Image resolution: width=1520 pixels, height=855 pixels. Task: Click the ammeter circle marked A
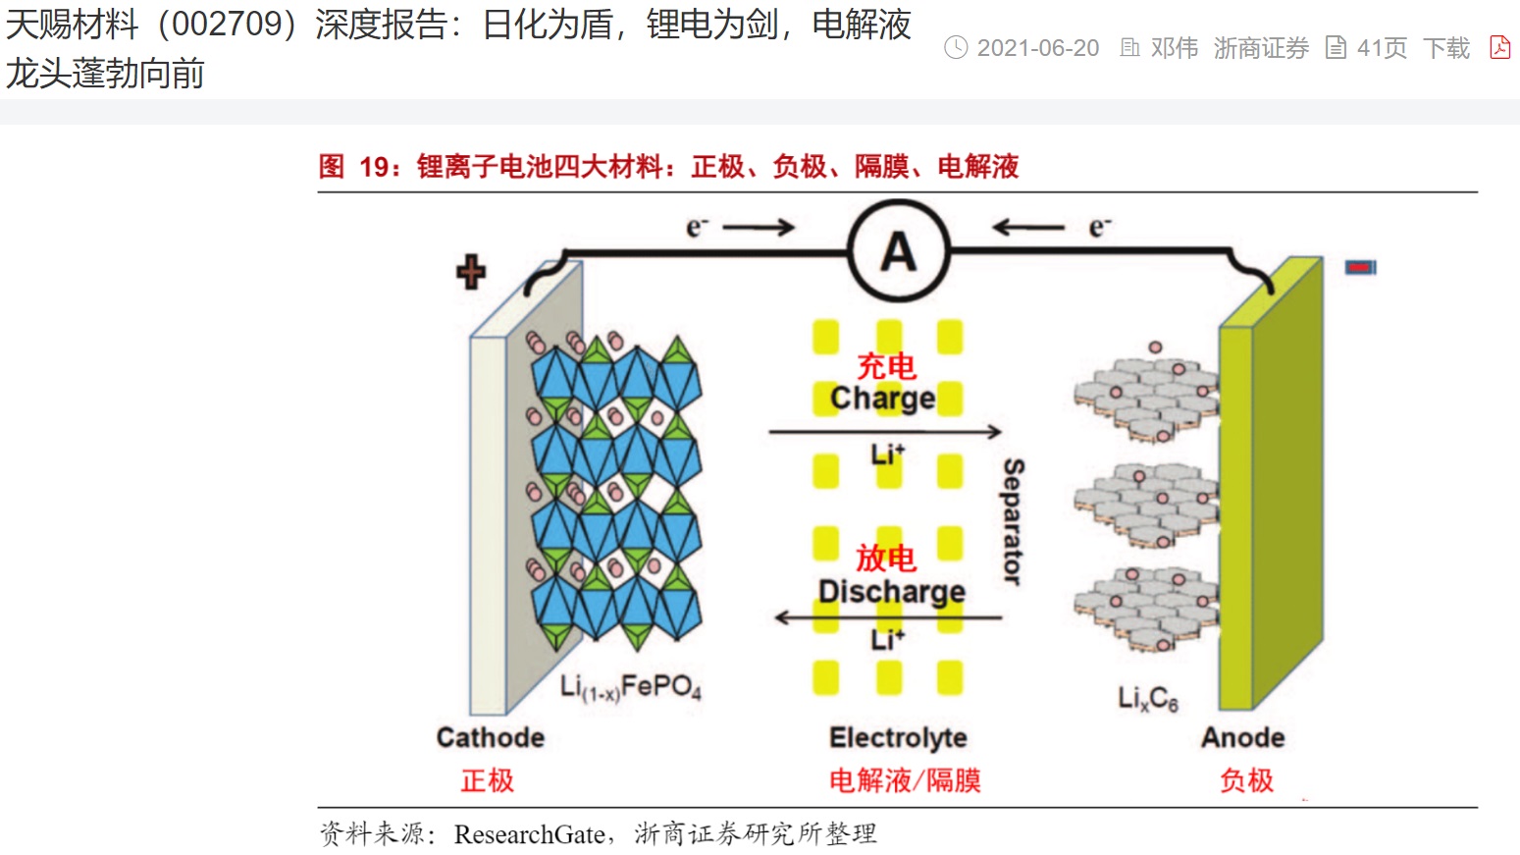pos(898,251)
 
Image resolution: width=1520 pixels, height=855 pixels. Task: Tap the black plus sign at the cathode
pos(471,272)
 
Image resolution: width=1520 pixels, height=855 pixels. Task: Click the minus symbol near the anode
pos(1360,267)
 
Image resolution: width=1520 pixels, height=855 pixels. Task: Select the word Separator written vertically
pos(1014,521)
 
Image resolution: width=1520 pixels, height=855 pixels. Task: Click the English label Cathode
pos(490,737)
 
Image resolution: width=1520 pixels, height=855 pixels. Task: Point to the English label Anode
pos(1242,737)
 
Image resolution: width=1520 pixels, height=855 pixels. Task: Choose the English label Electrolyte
pos(898,737)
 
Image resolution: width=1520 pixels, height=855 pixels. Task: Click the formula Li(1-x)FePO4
pos(631,686)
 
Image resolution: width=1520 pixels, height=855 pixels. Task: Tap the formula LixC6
pos(1147,698)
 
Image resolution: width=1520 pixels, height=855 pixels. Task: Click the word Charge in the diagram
pos(882,398)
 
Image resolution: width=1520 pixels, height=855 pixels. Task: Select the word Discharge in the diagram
pos(891,591)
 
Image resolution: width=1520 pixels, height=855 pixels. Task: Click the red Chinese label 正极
pos(488,780)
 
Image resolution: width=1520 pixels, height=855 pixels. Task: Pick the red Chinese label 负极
pos(1246,780)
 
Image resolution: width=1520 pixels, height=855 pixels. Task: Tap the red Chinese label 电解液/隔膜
pos(905,780)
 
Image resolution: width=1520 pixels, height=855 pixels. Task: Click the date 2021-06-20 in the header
pos(1037,48)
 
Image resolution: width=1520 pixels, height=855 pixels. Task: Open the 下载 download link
pos(1446,48)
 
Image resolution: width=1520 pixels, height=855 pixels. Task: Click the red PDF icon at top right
pos(1499,47)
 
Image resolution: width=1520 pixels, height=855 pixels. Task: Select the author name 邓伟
pos(1174,48)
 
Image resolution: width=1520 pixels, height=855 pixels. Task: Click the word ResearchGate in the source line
pos(529,834)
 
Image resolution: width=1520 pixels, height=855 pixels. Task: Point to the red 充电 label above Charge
pos(886,366)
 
